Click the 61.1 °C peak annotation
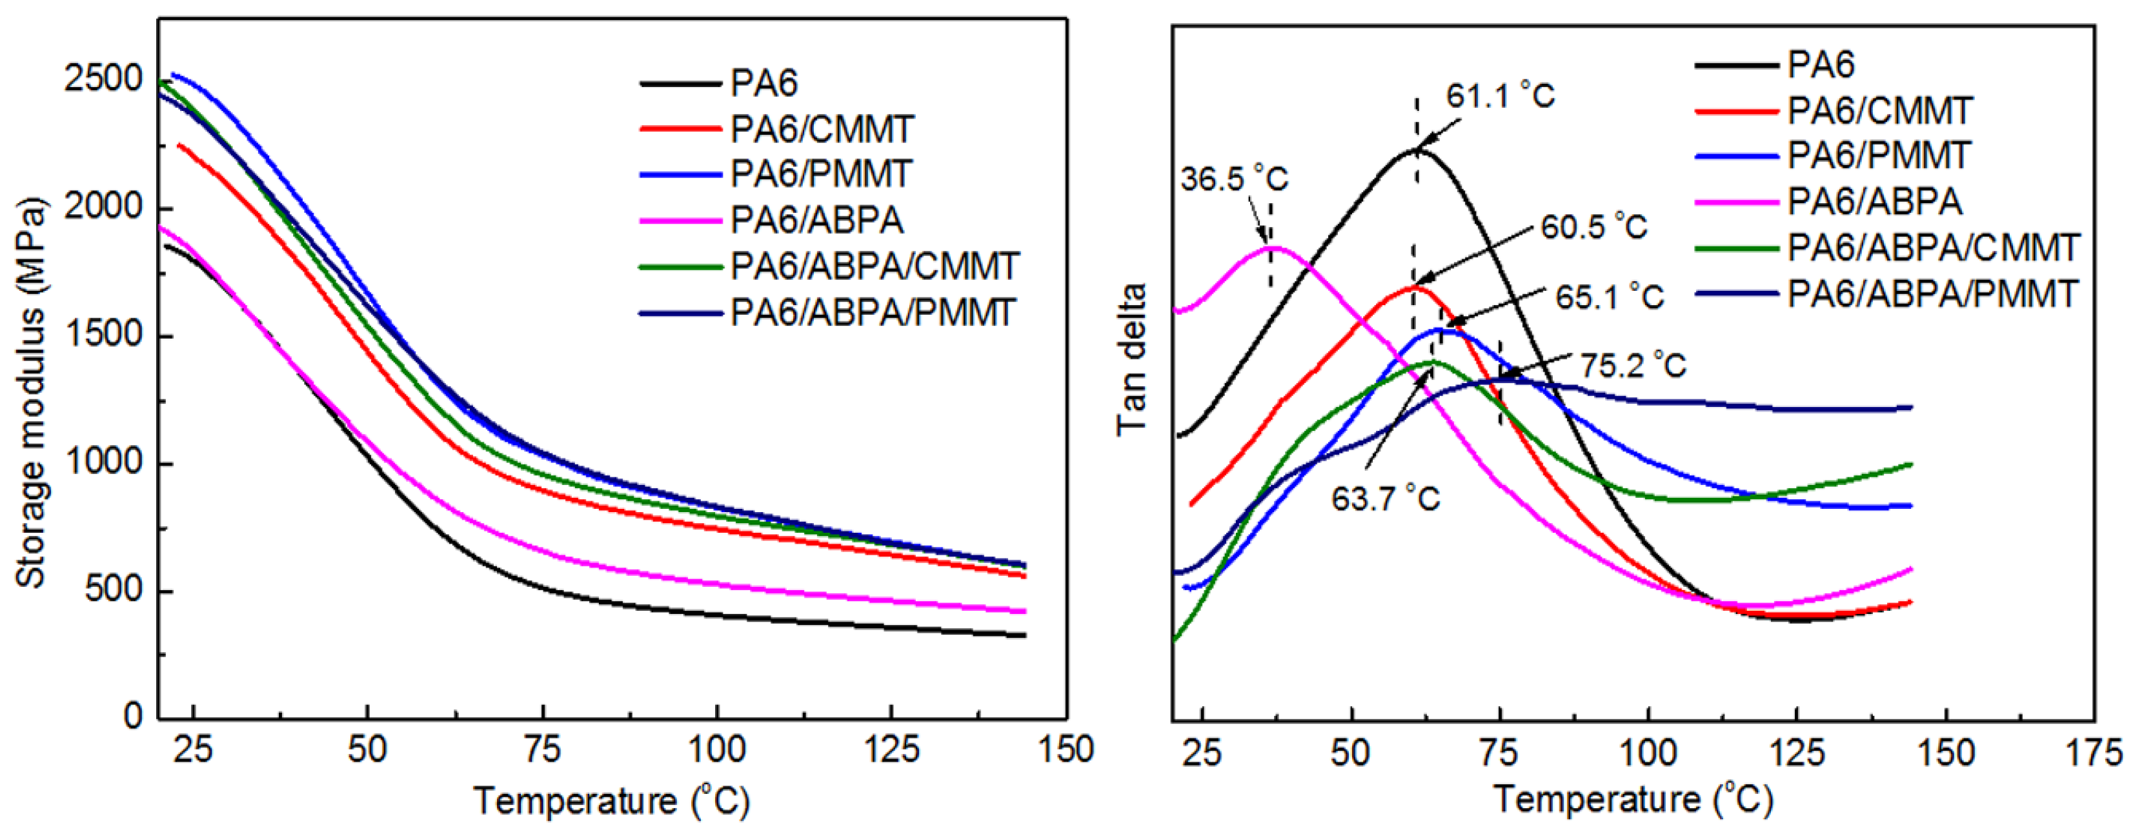1501,97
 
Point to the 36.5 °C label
1234,179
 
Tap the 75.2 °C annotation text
1633,365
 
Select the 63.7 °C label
1385,499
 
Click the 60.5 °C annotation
1594,227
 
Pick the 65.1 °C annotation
1610,297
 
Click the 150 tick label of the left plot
1066,749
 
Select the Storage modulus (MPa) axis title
32,393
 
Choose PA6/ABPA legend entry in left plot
816,220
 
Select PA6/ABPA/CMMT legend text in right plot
1934,248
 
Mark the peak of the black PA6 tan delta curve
1417,150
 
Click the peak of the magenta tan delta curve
1272,247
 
